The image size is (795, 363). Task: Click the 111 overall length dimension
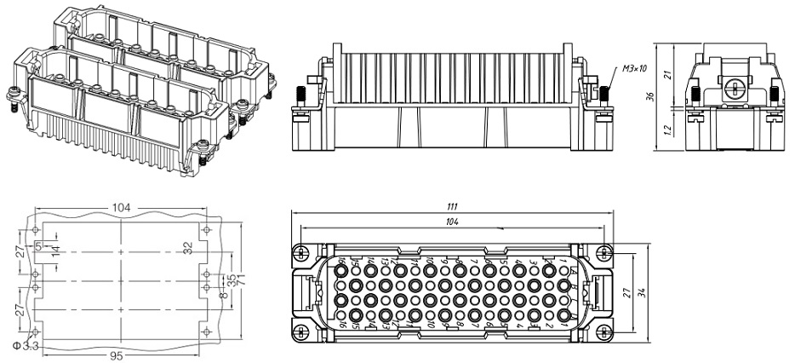coord(451,207)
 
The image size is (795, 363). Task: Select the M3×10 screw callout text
coord(634,67)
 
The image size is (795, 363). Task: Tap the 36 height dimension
coord(650,95)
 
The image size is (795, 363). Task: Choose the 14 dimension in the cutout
coord(56,251)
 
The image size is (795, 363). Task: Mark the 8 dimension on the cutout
coord(222,296)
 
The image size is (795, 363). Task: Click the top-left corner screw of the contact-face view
coord(298,252)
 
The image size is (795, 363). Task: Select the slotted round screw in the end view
coord(731,87)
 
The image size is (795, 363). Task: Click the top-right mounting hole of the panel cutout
coord(205,230)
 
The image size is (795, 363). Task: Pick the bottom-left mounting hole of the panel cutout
coord(35,331)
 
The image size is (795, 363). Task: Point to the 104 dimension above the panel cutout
coord(119,208)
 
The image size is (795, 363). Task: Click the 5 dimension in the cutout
coord(38,246)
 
